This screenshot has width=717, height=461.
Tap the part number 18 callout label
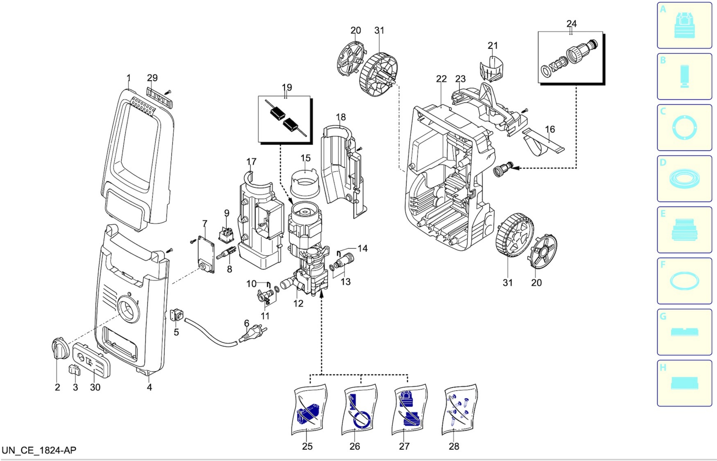341,117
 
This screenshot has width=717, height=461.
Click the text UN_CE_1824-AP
39,450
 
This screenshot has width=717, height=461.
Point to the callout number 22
441,79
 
